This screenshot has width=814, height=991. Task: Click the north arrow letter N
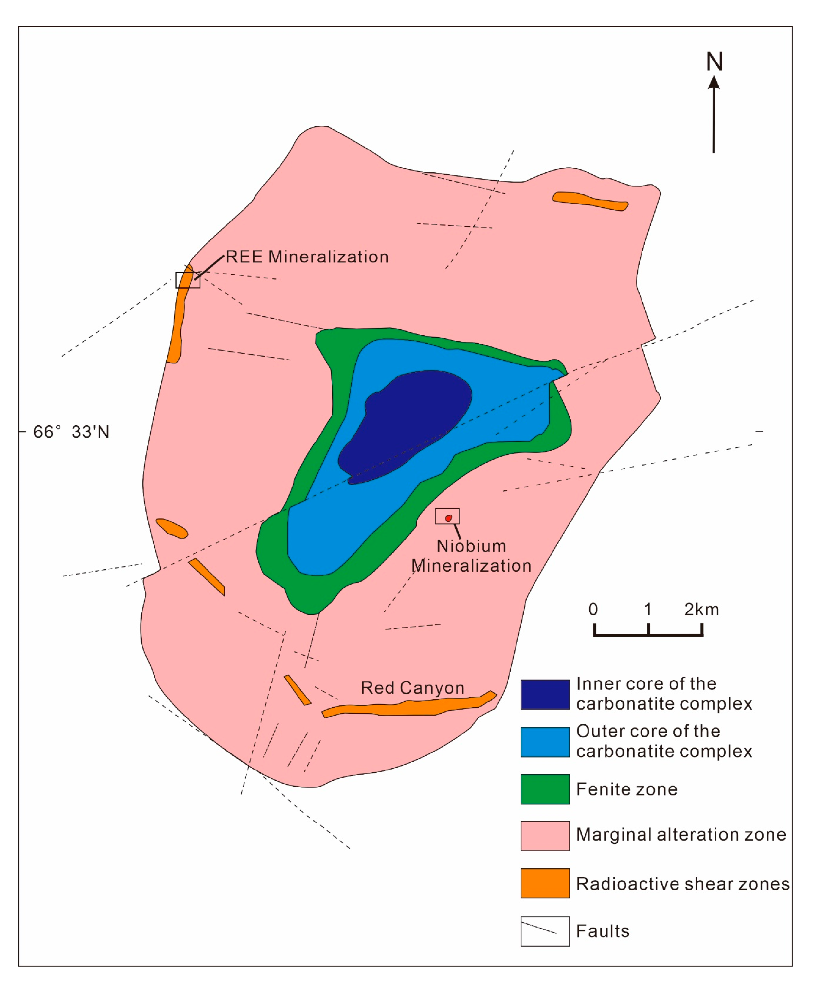714,62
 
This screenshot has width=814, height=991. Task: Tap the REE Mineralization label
307,257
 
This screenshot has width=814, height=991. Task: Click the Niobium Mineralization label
471,556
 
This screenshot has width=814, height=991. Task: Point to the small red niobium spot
448,518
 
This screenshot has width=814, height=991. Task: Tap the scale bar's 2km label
701,610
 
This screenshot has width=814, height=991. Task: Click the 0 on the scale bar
593,610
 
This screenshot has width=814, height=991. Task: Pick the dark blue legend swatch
545,694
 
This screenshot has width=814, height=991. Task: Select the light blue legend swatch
545,742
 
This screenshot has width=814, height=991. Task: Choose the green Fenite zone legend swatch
545,789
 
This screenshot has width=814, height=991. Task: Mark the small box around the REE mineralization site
188,280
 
